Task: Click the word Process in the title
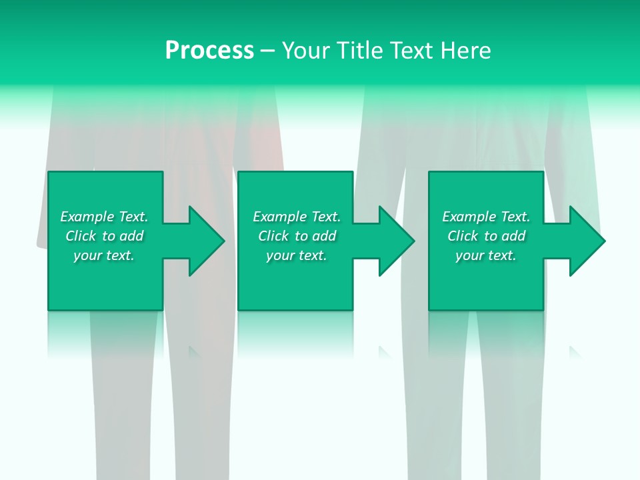209,51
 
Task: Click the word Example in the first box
87,217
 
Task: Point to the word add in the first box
132,236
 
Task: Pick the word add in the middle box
325,236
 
